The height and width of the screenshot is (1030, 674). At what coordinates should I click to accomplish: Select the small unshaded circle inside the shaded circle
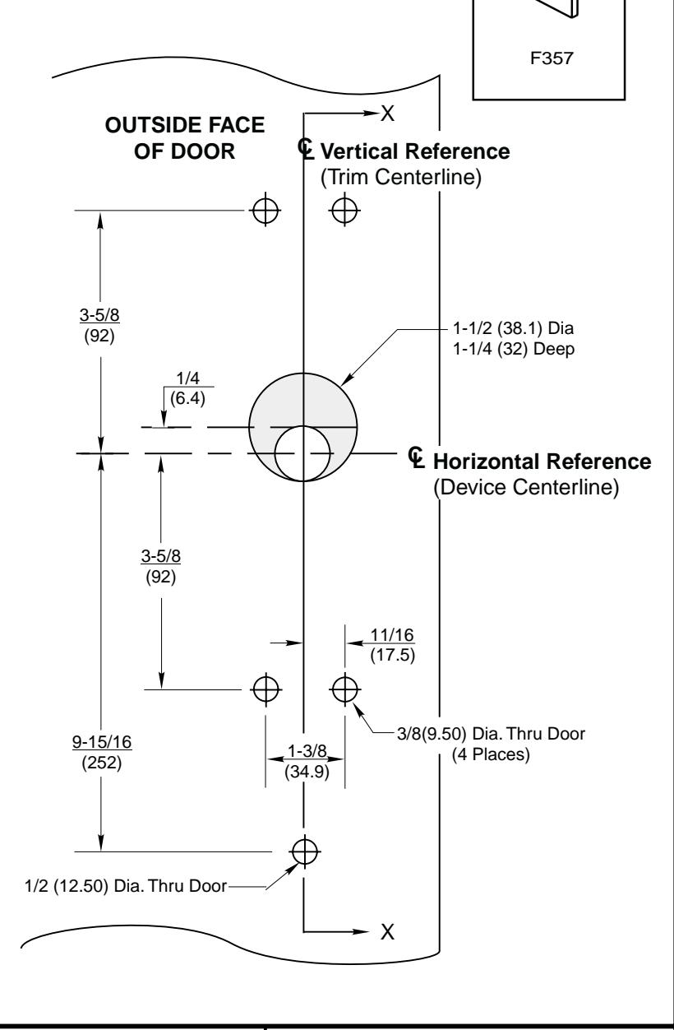tap(303, 453)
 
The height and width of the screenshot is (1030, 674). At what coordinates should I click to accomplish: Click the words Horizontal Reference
tap(542, 461)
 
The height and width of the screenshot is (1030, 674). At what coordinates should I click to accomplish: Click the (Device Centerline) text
tap(525, 486)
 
